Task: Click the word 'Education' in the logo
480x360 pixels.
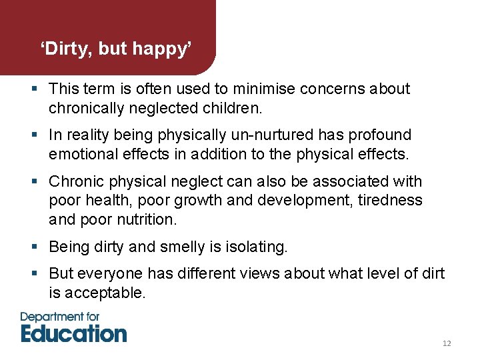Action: click(x=73, y=333)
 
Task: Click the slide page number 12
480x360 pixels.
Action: click(x=447, y=343)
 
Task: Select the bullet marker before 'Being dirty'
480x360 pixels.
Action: click(x=35, y=247)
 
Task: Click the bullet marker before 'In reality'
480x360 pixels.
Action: click(x=35, y=135)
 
